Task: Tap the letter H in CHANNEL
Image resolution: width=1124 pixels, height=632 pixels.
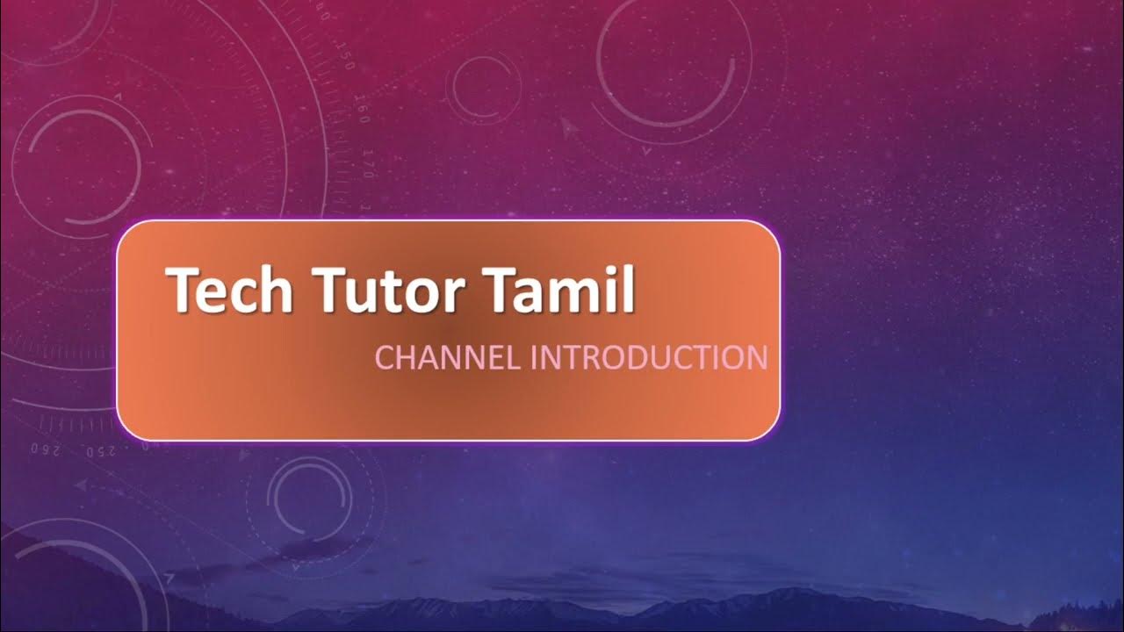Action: (x=403, y=358)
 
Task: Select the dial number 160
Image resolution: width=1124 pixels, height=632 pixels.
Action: (x=362, y=113)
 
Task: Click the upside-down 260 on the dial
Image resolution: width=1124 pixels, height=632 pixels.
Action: (x=43, y=449)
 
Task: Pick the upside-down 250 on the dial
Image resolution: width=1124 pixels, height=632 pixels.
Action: (x=103, y=451)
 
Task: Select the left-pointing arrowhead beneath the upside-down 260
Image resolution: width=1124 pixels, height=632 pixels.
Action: (x=80, y=484)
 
